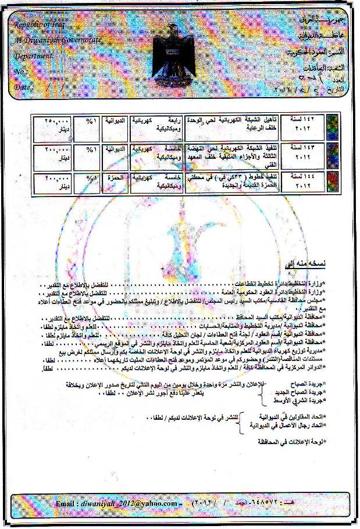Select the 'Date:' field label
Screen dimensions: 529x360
point(23,87)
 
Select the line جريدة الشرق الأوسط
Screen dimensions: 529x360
point(300,402)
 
